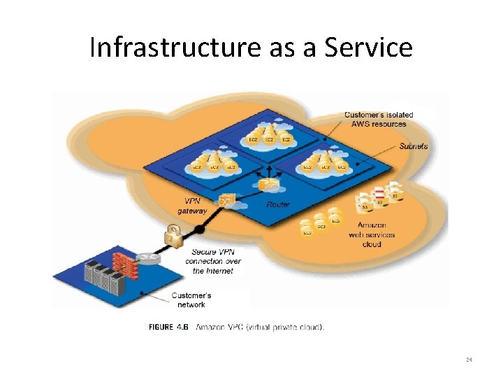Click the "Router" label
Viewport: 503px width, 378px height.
(278, 204)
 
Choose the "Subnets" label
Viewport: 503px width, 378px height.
(414, 146)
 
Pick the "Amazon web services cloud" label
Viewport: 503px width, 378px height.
(372, 234)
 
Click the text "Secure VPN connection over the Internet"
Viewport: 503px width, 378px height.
(213, 261)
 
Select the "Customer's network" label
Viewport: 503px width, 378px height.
(191, 300)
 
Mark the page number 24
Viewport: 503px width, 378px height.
(469, 360)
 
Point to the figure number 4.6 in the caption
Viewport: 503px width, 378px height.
(183, 326)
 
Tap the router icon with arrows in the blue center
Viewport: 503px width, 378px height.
(268, 183)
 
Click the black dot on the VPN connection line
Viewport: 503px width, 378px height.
(198, 229)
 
